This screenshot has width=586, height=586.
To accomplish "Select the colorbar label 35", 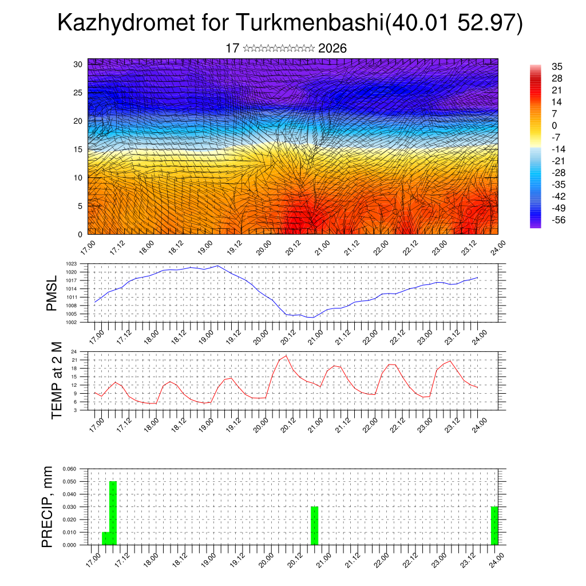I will (557, 66).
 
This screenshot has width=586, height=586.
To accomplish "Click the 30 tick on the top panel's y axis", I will (78, 64).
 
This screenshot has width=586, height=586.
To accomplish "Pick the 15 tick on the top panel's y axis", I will (78, 149).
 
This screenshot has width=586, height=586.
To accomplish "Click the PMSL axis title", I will (52, 293).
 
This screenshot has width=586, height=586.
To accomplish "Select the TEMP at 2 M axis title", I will (57, 380).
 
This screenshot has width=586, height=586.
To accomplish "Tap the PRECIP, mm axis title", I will (47, 506).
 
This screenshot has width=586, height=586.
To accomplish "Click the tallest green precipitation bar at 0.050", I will (113, 512).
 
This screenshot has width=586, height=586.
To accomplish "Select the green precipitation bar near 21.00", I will (314, 525).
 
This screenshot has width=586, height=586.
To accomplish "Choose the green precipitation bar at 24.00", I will (494, 525).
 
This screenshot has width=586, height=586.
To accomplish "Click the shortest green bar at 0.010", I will (105, 539).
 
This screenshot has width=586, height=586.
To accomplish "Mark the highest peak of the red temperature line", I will (286, 356).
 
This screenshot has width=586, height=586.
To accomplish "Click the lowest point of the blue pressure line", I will (312, 317).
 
